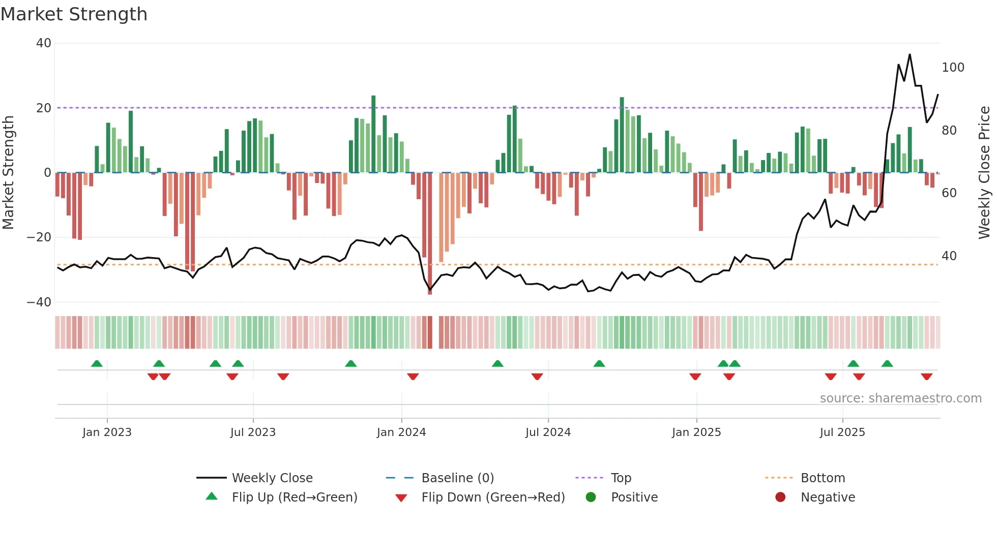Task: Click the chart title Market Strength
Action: pos(74,14)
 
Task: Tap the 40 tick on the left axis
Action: pos(44,43)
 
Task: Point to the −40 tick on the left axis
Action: pos(40,302)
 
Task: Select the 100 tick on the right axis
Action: pos(953,68)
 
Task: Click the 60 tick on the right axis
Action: pos(949,193)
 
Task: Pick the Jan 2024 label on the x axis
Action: pos(401,432)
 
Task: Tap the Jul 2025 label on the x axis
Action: pos(842,432)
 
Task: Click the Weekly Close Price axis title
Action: pos(984,173)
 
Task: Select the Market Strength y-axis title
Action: pos(8,173)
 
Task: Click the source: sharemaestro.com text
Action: pos(900,398)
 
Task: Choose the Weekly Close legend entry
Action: pos(272,478)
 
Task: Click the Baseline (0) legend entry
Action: pos(457,478)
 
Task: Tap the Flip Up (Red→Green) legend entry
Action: pos(294,497)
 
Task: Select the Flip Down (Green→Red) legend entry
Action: pos(492,497)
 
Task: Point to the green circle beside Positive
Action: pos(591,497)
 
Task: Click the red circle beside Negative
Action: pos(780,497)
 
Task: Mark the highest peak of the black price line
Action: pos(910,55)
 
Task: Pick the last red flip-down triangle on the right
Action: pos(926,377)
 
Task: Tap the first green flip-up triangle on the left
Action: pos(97,363)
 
